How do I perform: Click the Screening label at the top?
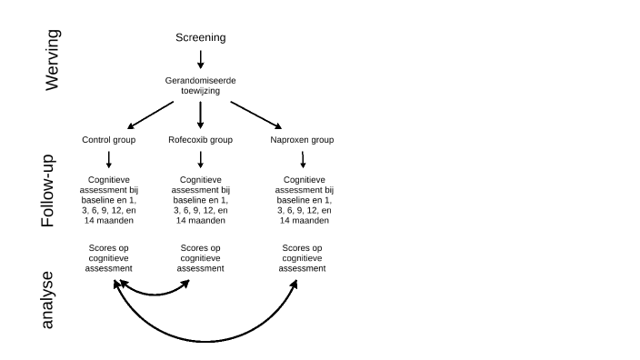(200, 37)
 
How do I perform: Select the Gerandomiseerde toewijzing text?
(200, 86)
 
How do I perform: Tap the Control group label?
(108, 140)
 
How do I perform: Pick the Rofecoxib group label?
(200, 140)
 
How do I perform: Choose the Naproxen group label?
(302, 140)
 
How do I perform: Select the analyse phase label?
(48, 300)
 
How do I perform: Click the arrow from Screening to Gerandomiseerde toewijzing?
(200, 60)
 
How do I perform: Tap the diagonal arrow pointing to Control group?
(151, 115)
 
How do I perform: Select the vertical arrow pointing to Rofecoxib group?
(200, 115)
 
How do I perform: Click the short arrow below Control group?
(109, 160)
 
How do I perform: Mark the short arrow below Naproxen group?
(303, 160)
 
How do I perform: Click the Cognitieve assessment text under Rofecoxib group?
(200, 200)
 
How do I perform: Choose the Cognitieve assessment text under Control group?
(109, 200)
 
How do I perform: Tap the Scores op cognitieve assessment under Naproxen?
(303, 258)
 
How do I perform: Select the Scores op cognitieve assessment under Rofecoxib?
(200, 258)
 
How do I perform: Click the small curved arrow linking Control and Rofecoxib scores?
(152, 294)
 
